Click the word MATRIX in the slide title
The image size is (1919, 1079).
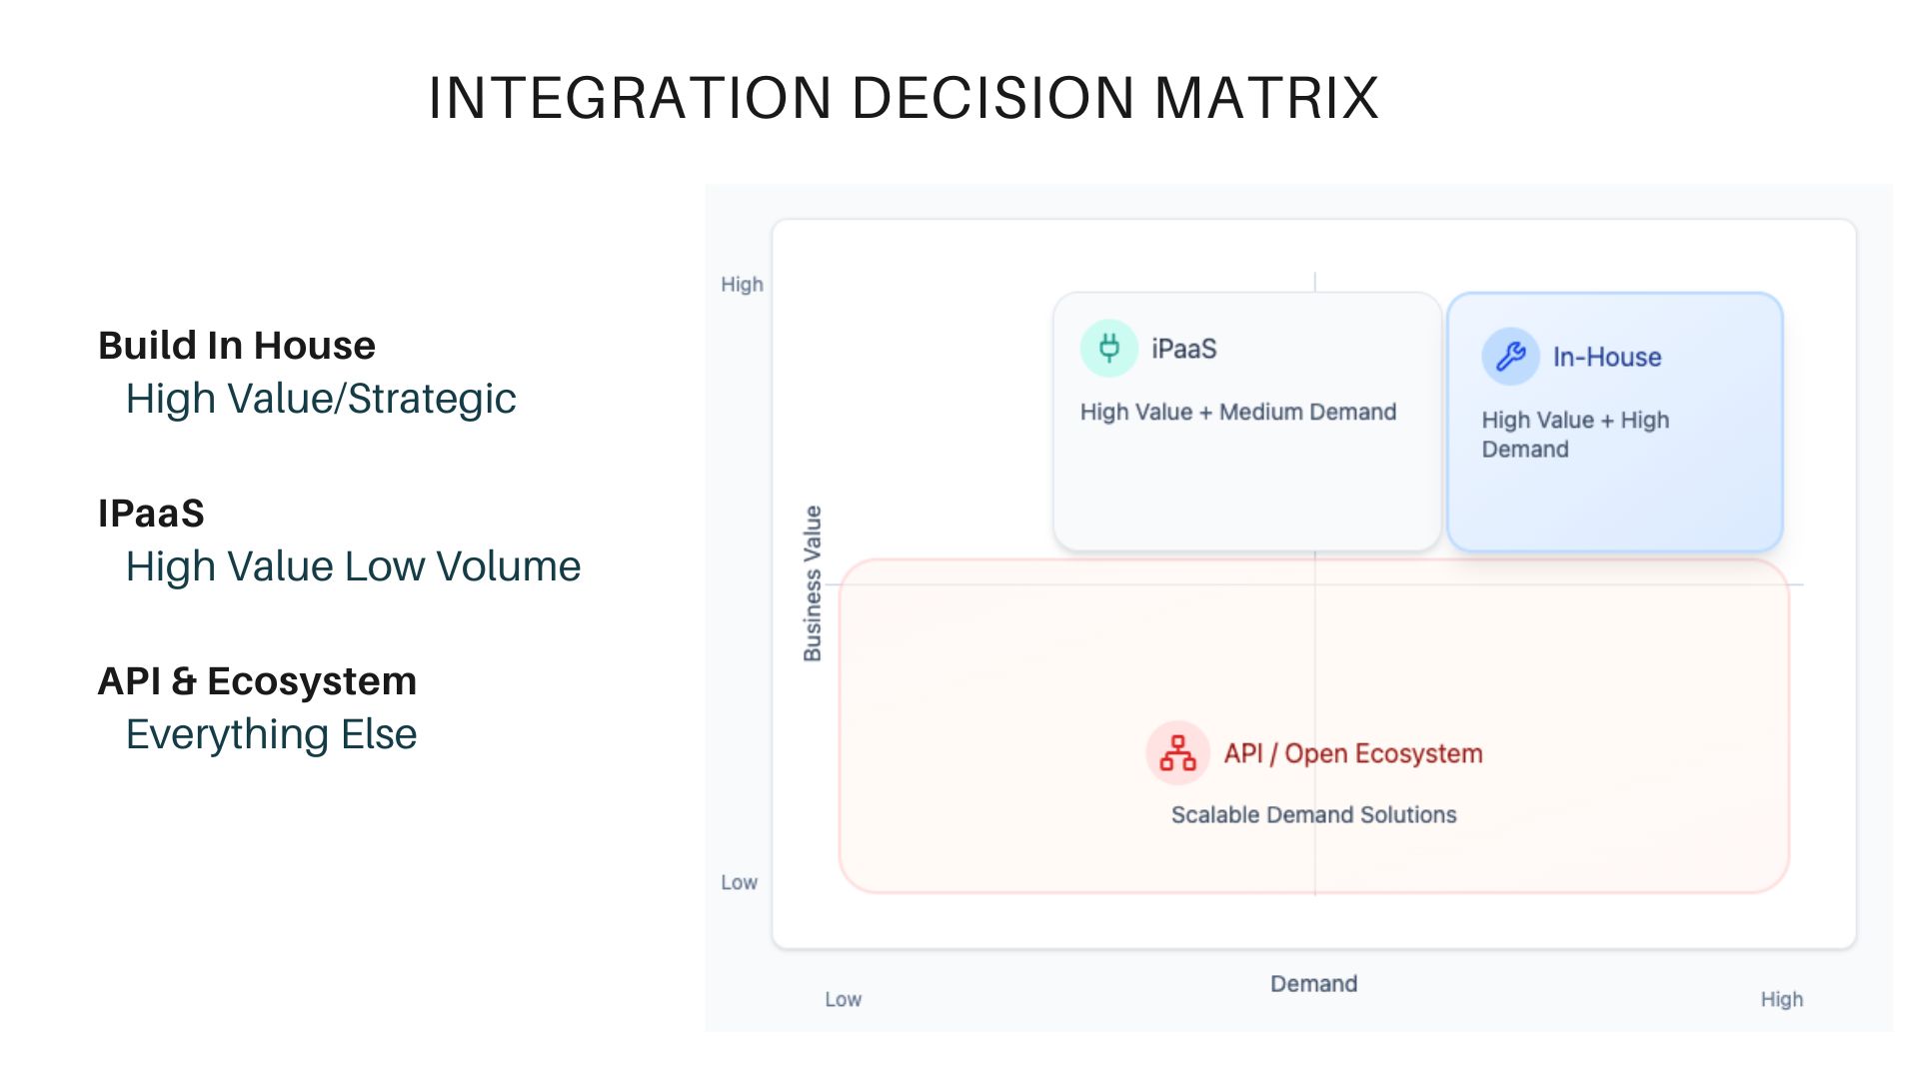pos(1266,98)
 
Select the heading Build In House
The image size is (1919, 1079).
pos(237,345)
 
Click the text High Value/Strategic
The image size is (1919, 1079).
pos(320,399)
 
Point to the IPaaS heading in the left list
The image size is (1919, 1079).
pos(151,513)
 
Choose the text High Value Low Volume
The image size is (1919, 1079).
pos(353,566)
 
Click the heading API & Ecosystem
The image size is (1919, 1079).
pos(257,680)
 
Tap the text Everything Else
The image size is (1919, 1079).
pos(271,734)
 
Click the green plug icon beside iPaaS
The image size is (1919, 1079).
pos(1108,348)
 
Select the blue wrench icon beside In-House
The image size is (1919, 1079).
pos(1510,356)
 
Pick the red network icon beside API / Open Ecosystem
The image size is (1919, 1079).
pos(1177,753)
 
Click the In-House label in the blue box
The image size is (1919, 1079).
pos(1606,357)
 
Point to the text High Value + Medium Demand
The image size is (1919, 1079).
pos(1237,412)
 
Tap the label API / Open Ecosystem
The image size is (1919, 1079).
pos(1352,753)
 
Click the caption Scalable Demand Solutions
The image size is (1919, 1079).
pos(1313,814)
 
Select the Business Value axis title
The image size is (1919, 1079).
pos(813,583)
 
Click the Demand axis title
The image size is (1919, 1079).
pos(1313,984)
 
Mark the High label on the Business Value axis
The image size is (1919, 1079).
pos(742,285)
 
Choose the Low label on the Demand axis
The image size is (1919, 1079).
pos(843,999)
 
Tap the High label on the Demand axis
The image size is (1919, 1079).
pos(1781,999)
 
